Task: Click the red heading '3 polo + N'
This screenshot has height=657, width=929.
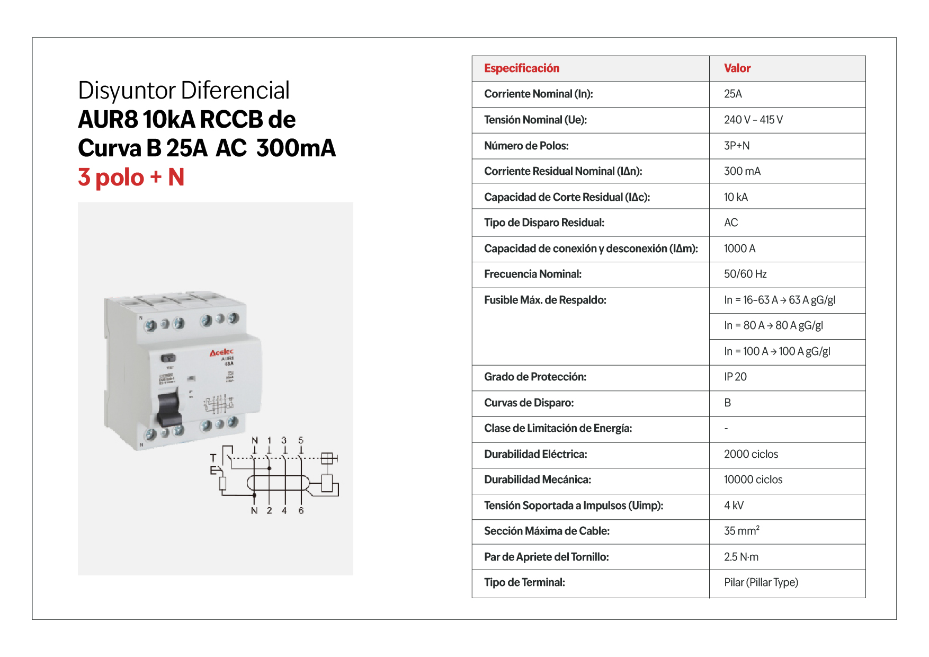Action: coord(131,177)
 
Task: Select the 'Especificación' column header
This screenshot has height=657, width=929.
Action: coord(522,68)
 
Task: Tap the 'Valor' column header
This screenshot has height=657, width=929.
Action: coord(737,68)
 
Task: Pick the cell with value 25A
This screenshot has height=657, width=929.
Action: coord(733,94)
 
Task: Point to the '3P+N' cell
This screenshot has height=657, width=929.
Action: coord(737,146)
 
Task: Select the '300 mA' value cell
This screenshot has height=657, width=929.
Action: coord(742,172)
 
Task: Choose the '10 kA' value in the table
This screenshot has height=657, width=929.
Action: coord(736,198)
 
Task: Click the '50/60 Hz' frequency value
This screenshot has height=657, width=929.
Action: coord(745,274)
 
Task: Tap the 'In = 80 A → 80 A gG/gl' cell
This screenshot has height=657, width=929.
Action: coord(773,326)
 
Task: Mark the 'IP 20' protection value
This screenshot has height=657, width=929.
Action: coord(735,377)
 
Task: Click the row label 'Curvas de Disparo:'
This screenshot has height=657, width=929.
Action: coord(529,403)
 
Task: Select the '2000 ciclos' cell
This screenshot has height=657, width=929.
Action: coord(751,455)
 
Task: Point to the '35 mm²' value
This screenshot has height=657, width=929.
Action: coord(742,531)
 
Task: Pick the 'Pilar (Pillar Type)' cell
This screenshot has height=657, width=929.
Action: coord(761,583)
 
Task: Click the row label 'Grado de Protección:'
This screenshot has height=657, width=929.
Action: coord(535,377)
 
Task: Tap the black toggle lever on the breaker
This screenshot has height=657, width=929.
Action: coord(169,407)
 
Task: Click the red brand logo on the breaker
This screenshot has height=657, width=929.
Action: coord(221,352)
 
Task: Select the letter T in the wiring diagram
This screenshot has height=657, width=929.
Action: coord(213,458)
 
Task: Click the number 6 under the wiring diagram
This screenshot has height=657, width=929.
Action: coord(301,511)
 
